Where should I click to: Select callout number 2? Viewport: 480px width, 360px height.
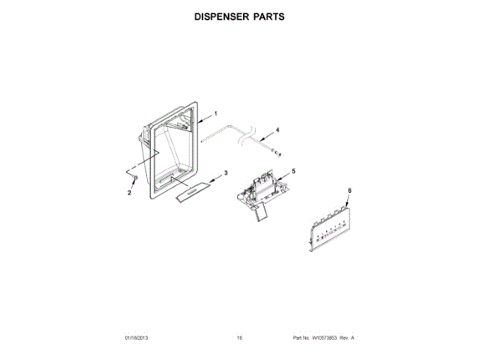coord(129,193)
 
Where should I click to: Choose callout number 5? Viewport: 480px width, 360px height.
coord(293,171)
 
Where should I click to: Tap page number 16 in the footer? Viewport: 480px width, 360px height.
coord(240,338)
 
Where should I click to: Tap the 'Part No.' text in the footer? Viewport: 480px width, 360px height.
coord(300,338)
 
